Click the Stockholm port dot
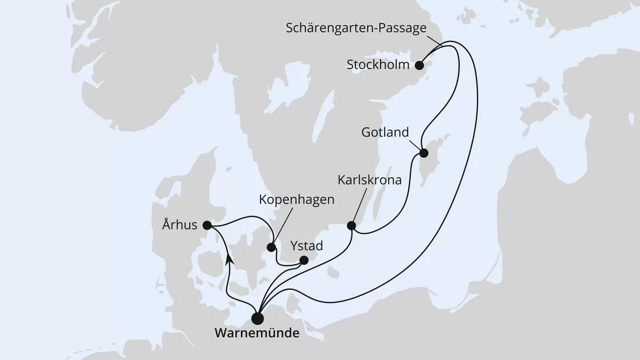(x=420, y=65)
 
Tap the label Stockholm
(x=378, y=65)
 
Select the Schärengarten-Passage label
(x=356, y=28)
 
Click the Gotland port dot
(x=424, y=153)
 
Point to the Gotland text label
(x=385, y=133)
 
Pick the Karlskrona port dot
(x=351, y=226)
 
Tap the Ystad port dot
(x=305, y=261)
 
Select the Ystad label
(x=306, y=246)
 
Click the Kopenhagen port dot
(x=271, y=248)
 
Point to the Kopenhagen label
(x=296, y=200)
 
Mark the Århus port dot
(x=207, y=226)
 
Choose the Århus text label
(x=180, y=226)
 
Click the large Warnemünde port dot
(x=258, y=318)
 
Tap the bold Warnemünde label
(x=257, y=334)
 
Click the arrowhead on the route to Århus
(x=229, y=260)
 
